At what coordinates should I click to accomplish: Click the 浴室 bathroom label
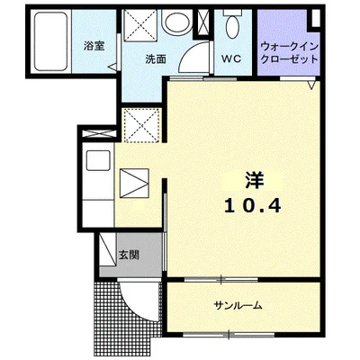click(x=93, y=44)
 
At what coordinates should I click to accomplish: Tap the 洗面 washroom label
click(x=157, y=59)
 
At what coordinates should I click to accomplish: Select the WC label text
click(x=231, y=59)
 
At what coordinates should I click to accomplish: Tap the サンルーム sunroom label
click(x=238, y=304)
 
